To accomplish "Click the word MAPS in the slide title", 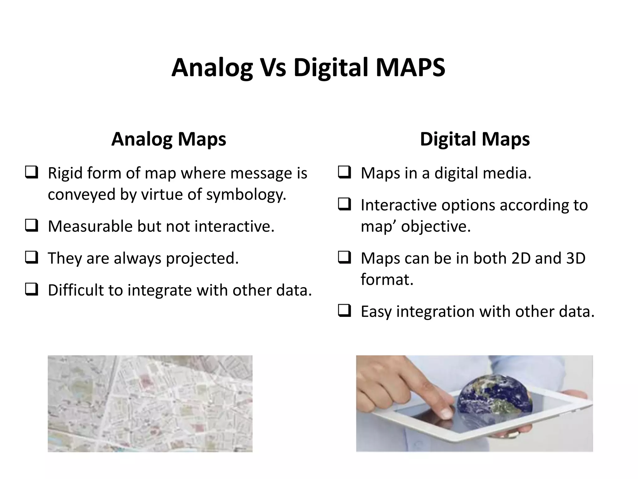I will (410, 68).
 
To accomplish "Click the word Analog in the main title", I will (212, 68).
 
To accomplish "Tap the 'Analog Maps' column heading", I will (169, 139).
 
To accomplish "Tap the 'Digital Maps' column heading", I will (474, 139).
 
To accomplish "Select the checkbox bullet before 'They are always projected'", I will (32, 258).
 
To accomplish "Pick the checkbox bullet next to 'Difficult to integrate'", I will (32, 289).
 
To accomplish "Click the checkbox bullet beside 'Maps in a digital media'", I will (345, 172).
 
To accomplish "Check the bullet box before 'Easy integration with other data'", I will (345, 311).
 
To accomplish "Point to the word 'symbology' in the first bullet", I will (246, 195).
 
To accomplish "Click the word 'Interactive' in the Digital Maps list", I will (398, 205).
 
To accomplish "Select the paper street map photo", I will (150, 404).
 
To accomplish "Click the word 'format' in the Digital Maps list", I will (387, 279).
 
